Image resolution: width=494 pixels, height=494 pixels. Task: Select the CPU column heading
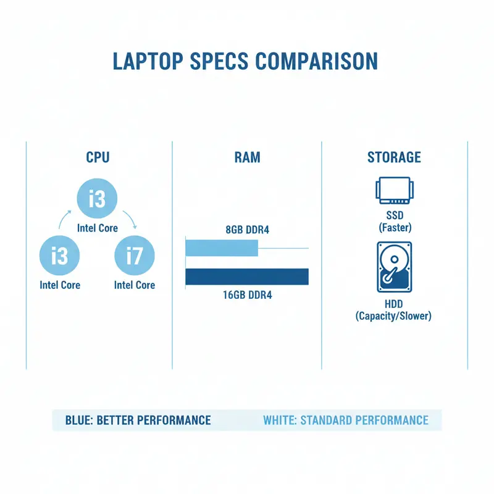[x=98, y=157]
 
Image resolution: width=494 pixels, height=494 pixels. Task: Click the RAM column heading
[x=247, y=157]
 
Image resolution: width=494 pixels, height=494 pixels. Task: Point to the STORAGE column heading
[x=394, y=157]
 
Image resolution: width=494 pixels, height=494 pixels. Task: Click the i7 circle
[x=134, y=255]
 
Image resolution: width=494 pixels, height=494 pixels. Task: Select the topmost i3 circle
[x=97, y=199]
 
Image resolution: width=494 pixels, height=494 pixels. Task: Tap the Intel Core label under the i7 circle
[x=135, y=285]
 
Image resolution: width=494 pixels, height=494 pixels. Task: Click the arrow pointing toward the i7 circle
[x=129, y=219]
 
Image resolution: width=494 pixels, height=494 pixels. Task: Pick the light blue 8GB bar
[x=222, y=248]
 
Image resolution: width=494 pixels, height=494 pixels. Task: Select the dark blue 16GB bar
[x=247, y=277]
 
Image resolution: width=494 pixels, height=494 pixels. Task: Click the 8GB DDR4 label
[x=247, y=230]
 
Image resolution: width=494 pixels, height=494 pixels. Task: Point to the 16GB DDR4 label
[x=247, y=295]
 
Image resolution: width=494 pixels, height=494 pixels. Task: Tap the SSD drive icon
[x=393, y=190]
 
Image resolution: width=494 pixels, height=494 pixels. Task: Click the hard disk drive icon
[x=393, y=266]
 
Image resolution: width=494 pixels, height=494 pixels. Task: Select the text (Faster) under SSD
[x=394, y=227]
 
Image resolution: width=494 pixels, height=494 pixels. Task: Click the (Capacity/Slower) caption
[x=393, y=316]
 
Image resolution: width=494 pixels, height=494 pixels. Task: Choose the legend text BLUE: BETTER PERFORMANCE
[x=138, y=421]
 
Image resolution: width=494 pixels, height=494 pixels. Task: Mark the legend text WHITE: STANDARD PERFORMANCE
[x=345, y=421]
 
